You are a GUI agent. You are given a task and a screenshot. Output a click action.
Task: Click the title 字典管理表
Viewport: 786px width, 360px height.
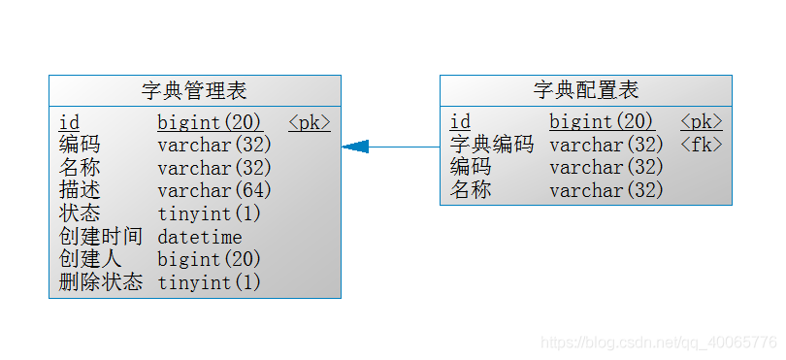pos(194,91)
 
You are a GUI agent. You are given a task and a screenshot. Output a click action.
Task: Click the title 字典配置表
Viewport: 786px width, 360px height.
pos(586,91)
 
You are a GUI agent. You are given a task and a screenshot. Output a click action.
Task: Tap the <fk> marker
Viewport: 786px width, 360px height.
pos(702,145)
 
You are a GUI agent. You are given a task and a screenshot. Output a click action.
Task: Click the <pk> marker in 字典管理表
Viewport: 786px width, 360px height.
pos(310,122)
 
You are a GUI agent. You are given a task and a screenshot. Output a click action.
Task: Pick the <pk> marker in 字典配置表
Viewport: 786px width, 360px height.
pos(702,122)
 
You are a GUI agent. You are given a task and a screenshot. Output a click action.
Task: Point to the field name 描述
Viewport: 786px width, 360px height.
pos(80,190)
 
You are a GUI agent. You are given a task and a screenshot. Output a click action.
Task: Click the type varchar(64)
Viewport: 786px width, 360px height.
pos(214,190)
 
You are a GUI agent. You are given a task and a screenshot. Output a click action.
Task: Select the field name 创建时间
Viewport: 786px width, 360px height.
pos(100,236)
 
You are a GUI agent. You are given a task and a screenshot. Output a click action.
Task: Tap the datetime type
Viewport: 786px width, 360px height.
pos(200,237)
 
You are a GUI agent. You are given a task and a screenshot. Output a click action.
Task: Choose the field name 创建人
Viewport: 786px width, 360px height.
pos(90,259)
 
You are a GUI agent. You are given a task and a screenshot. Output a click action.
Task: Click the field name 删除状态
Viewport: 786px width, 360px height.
pos(100,282)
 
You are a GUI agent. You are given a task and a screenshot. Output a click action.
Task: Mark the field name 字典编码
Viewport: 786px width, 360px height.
pos(492,145)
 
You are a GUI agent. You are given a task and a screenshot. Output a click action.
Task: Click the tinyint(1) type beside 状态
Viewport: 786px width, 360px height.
pos(210,213)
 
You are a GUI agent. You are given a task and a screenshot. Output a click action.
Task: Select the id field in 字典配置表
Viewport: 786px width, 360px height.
pos(460,122)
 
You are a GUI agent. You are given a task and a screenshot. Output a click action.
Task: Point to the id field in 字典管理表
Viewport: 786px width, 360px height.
pos(69,122)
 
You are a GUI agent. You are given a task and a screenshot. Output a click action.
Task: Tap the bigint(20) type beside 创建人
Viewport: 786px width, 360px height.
pos(210,259)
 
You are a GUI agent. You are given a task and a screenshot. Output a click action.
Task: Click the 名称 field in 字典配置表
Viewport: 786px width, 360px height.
pos(471,190)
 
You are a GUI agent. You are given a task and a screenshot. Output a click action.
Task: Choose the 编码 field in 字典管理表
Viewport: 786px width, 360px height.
pos(80,145)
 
